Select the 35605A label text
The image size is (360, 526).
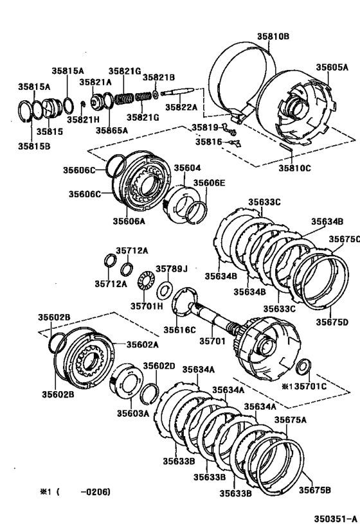[332, 66]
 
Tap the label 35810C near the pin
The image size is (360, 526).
[295, 168]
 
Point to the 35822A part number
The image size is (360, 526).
[182, 107]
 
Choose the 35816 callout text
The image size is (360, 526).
[208, 141]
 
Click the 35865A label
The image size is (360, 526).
[112, 130]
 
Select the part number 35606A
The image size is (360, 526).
[129, 220]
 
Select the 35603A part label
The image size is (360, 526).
[132, 413]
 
